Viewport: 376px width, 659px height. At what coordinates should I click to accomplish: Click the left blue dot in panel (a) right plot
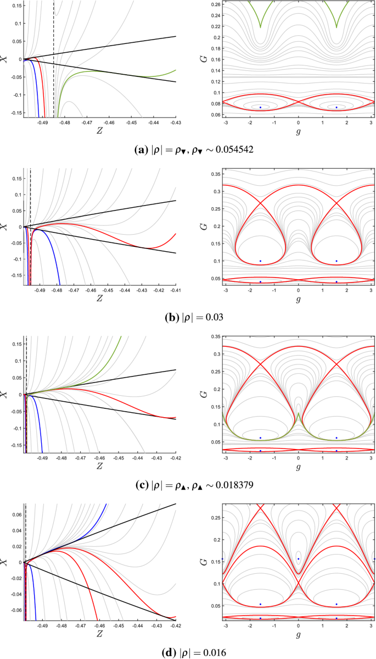tap(260, 108)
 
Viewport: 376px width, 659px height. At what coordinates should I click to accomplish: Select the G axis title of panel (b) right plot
tap(192, 226)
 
